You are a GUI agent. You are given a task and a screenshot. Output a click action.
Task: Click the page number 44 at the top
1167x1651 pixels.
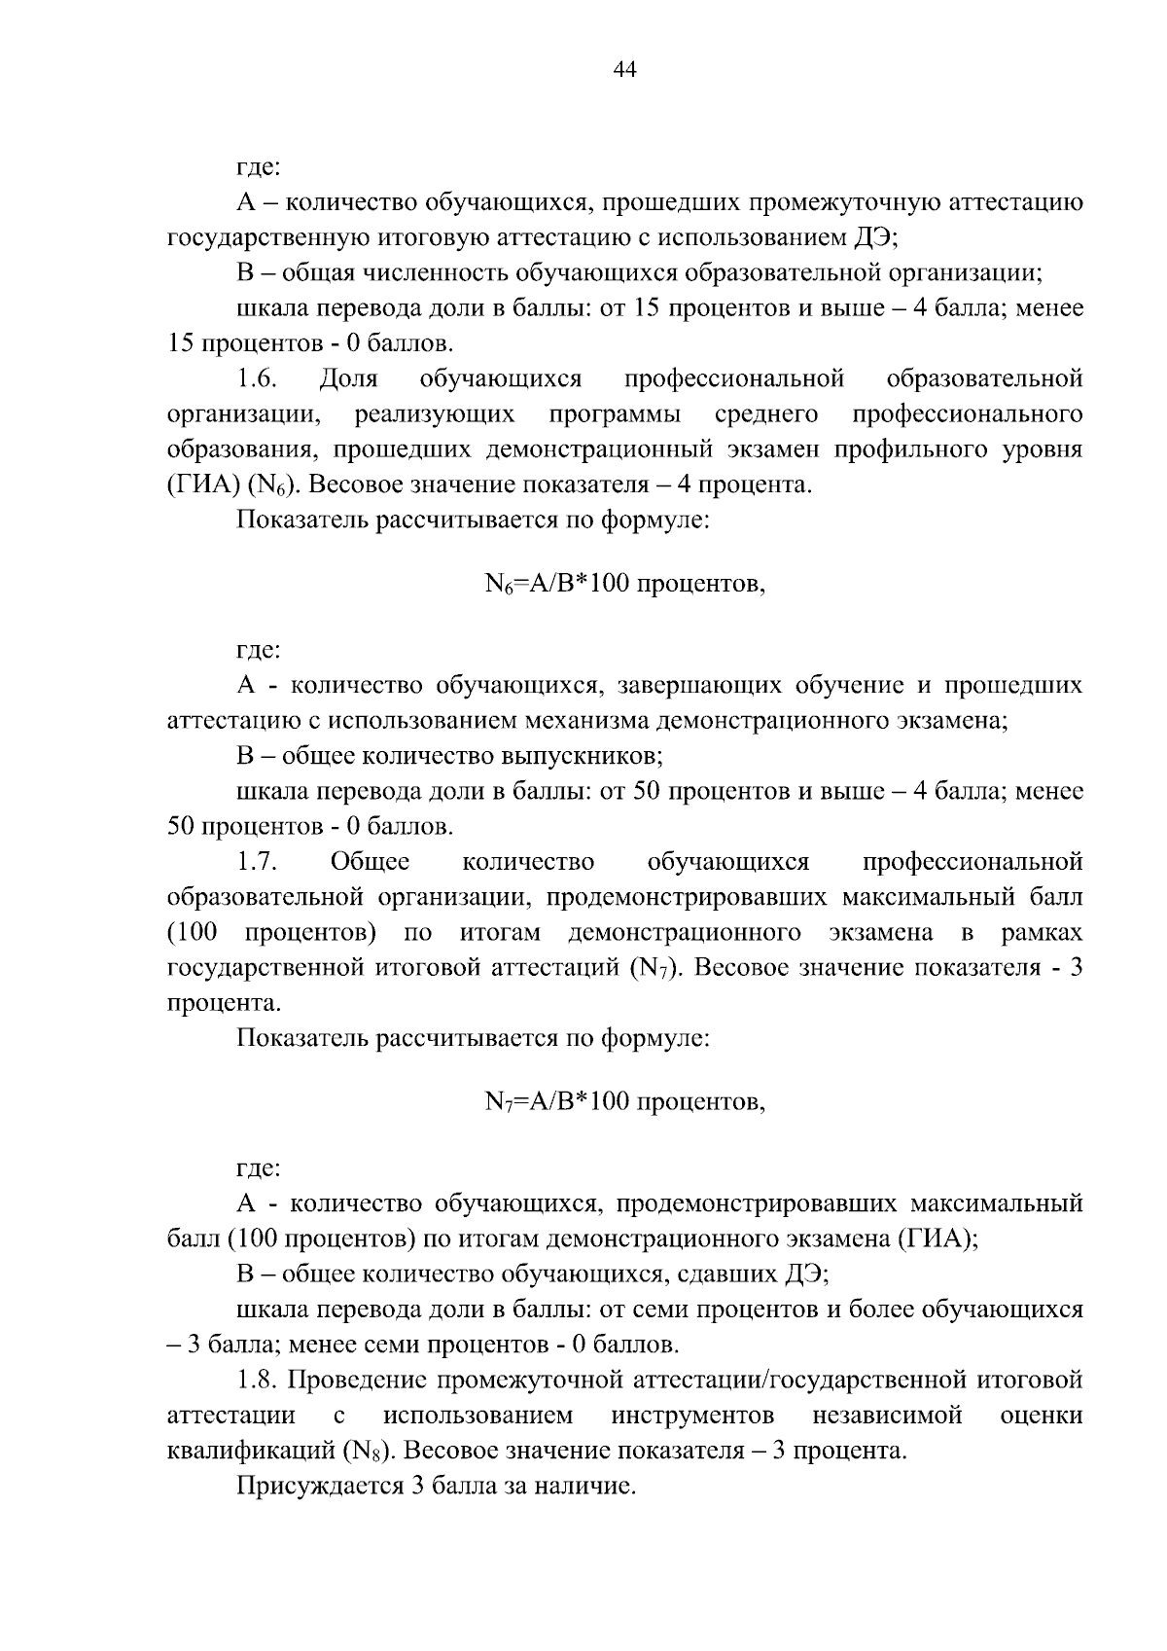624,69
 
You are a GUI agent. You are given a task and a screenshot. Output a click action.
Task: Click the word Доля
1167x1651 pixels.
348,378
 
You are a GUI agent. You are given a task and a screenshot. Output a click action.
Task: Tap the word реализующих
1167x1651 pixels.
435,415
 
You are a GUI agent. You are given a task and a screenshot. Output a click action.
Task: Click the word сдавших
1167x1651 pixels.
725,1274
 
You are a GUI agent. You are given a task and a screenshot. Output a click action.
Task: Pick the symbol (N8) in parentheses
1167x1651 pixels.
368,1451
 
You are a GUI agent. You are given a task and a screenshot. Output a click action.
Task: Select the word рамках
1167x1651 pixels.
1041,933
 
